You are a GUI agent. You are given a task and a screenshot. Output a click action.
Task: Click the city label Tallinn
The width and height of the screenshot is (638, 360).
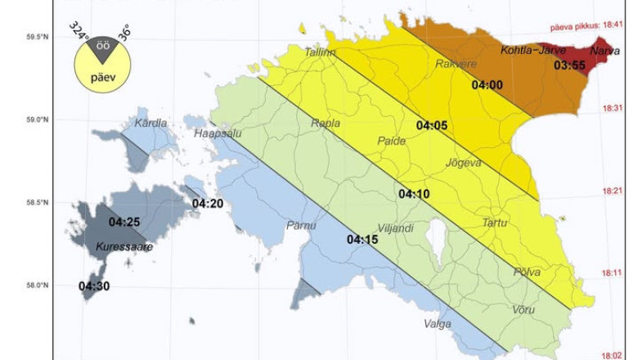(x=320, y=52)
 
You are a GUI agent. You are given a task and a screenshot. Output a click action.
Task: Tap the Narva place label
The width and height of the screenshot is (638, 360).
(x=604, y=51)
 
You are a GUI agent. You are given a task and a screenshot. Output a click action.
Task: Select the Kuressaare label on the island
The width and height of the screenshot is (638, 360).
(x=124, y=246)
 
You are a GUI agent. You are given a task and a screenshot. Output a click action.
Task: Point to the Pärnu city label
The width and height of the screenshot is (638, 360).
(x=301, y=225)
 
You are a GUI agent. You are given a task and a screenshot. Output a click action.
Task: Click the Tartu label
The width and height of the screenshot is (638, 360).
(x=494, y=223)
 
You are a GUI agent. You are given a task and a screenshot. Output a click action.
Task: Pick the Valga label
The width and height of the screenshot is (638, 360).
(x=438, y=324)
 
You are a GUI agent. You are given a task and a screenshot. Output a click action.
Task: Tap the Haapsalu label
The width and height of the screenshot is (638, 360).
(x=215, y=133)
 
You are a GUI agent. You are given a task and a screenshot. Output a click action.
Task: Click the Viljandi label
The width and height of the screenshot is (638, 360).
(x=395, y=228)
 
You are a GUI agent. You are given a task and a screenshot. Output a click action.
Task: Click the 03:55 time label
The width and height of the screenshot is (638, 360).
(x=569, y=65)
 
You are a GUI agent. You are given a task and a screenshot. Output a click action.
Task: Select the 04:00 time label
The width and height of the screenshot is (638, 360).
(x=487, y=83)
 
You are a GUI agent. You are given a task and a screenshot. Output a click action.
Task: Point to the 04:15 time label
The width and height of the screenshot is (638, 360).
(x=362, y=240)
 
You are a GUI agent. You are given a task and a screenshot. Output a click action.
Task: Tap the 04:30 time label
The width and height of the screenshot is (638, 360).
(x=94, y=286)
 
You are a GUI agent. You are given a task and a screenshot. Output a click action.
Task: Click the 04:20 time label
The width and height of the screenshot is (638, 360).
(x=208, y=203)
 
